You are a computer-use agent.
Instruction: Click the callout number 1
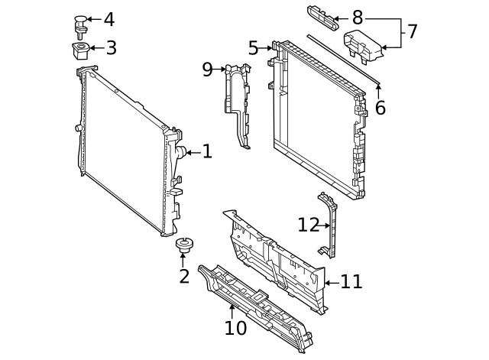click(x=206, y=152)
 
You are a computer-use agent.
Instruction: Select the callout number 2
click(x=183, y=276)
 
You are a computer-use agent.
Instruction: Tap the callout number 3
click(x=111, y=49)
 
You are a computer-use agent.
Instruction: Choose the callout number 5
click(x=253, y=48)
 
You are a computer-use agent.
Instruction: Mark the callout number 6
click(x=380, y=108)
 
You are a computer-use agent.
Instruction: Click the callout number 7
click(x=412, y=32)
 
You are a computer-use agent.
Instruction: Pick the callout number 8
click(x=358, y=18)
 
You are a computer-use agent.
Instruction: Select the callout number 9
click(x=207, y=70)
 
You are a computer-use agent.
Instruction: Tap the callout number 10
click(x=235, y=328)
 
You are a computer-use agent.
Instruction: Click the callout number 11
click(x=351, y=282)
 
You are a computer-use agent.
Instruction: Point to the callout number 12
click(x=308, y=225)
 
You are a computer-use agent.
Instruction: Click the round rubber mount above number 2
click(x=183, y=245)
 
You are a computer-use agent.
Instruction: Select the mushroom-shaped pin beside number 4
click(x=80, y=24)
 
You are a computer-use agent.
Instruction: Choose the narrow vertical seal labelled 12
click(x=330, y=225)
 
